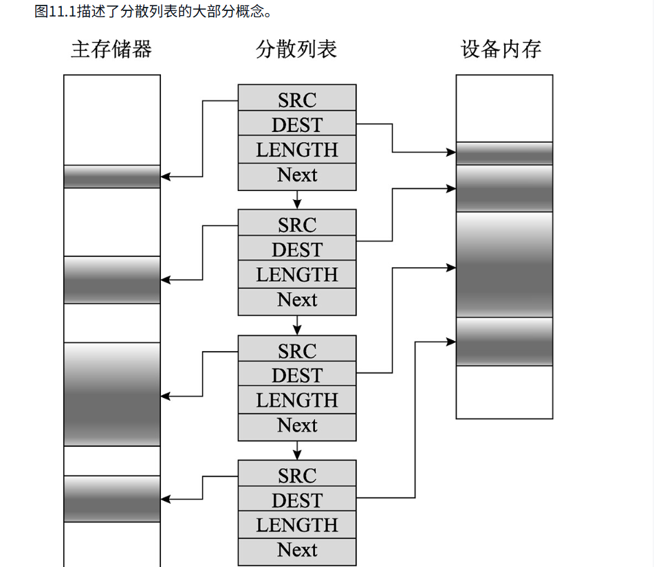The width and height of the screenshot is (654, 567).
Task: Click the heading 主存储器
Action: click(x=111, y=49)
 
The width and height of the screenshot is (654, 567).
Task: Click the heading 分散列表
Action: click(x=296, y=49)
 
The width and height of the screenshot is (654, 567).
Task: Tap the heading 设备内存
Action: click(x=501, y=49)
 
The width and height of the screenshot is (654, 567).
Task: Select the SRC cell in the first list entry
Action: click(x=297, y=100)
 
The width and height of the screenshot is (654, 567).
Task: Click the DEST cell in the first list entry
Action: click(x=297, y=124)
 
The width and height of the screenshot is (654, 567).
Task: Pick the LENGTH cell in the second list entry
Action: click(x=297, y=275)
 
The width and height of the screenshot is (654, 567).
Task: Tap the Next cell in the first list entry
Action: click(x=297, y=175)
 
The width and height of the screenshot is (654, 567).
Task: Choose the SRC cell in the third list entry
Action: click(x=297, y=351)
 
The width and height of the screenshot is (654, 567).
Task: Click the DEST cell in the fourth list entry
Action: click(x=297, y=500)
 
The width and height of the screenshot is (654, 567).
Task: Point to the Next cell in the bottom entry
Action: click(x=297, y=550)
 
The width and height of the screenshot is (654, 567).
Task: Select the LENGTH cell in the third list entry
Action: click(x=297, y=400)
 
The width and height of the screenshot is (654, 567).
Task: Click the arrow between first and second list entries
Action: click(x=297, y=200)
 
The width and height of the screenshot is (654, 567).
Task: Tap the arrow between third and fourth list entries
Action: click(x=297, y=450)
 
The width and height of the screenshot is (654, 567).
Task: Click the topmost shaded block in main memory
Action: click(x=112, y=177)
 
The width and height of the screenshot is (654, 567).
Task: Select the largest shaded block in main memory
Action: click(x=112, y=394)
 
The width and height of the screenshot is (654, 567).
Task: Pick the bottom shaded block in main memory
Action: click(x=112, y=498)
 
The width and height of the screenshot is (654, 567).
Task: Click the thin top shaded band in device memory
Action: click(x=504, y=153)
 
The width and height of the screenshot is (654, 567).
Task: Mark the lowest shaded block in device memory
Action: click(x=504, y=342)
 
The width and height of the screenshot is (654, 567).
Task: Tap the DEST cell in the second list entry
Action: click(x=297, y=249)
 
